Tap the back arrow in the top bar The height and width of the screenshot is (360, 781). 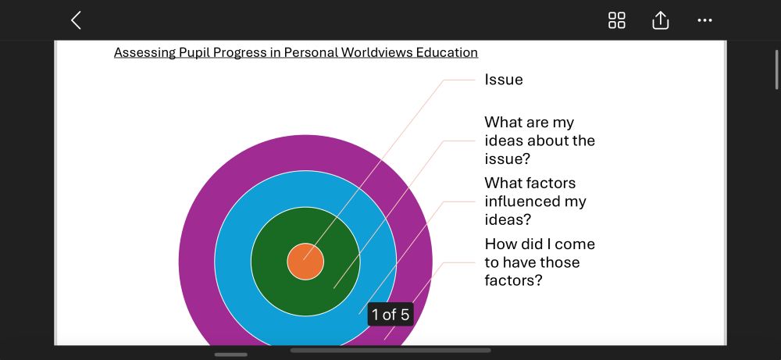click(x=76, y=20)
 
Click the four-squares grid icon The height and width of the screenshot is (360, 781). click(x=617, y=20)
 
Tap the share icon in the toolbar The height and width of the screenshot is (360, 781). click(x=660, y=20)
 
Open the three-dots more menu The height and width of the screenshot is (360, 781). click(x=704, y=20)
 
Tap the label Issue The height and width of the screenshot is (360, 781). click(x=504, y=80)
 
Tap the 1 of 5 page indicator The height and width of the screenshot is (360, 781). click(x=390, y=315)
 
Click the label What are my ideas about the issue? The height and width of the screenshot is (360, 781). click(x=540, y=141)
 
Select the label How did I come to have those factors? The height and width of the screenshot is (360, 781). click(x=540, y=262)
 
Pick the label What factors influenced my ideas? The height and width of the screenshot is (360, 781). click(x=536, y=201)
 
